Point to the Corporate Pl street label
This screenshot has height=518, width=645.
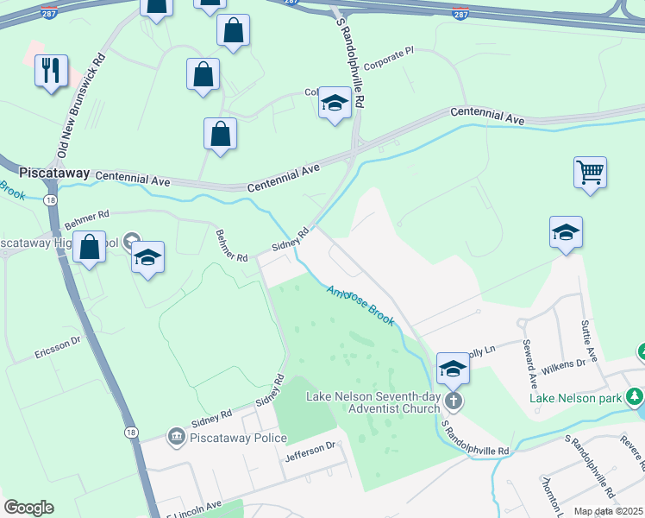tap(389, 65)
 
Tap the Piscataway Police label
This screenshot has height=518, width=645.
tap(237, 438)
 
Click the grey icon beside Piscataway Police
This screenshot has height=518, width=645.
tap(176, 438)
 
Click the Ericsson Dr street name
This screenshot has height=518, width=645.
tap(58, 346)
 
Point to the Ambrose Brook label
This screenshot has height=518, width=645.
tap(360, 306)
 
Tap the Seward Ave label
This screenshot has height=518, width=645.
tap(527, 363)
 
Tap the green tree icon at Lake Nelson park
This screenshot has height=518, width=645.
tap(636, 396)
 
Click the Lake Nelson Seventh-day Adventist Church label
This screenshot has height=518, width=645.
tap(373, 402)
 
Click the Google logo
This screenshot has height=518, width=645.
tap(28, 508)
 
